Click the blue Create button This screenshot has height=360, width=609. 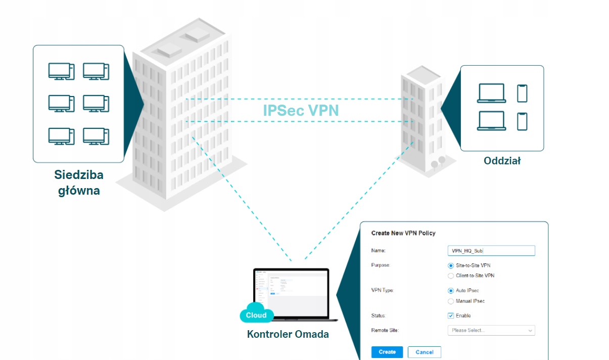pyautogui.click(x=387, y=352)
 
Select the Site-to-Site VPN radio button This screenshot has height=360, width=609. pyautogui.click(x=451, y=265)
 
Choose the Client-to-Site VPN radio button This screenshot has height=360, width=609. pyautogui.click(x=451, y=276)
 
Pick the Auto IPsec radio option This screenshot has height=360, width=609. pyautogui.click(x=451, y=291)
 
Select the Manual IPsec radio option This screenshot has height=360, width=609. pyautogui.click(x=451, y=301)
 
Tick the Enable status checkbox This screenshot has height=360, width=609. pyautogui.click(x=451, y=316)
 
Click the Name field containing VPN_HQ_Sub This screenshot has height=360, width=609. pyautogui.click(x=491, y=251)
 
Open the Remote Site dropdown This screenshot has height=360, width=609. pyautogui.click(x=491, y=330)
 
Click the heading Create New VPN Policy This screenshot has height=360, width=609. pyautogui.click(x=403, y=233)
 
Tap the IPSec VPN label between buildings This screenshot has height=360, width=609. pyautogui.click(x=300, y=110)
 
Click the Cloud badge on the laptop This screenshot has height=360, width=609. pyautogui.click(x=256, y=315)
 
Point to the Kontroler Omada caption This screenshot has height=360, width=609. pyautogui.click(x=288, y=334)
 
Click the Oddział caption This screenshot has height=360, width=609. pyautogui.click(x=502, y=161)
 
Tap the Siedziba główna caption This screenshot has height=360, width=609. pyautogui.click(x=79, y=183)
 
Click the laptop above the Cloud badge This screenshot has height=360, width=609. pyautogui.click(x=292, y=293)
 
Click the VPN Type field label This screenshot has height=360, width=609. pyautogui.click(x=383, y=291)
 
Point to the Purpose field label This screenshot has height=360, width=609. pyautogui.click(x=381, y=265)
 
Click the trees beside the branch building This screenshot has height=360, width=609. pyautogui.click(x=438, y=162)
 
